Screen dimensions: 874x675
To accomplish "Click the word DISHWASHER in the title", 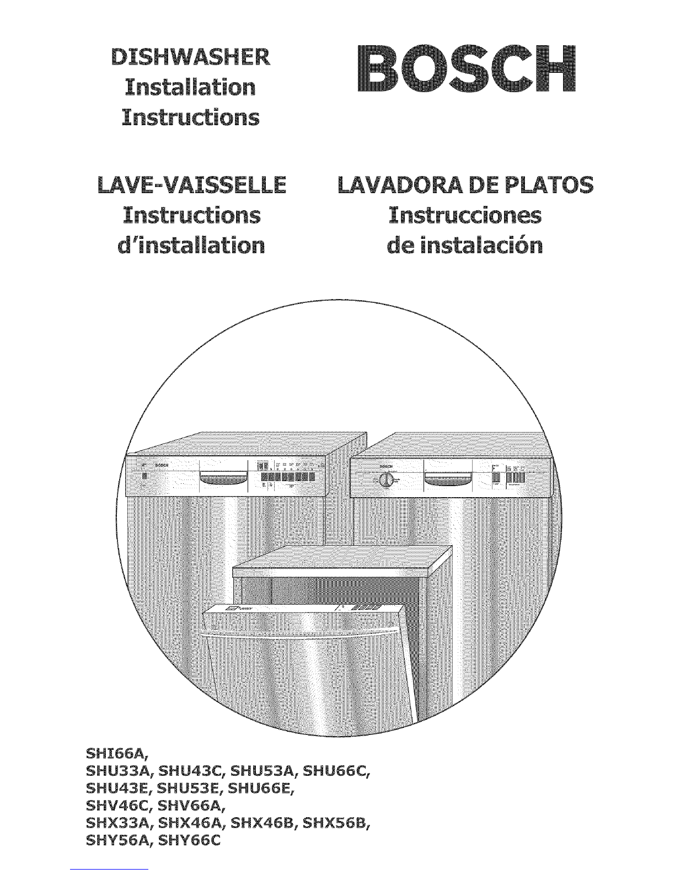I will point(190,56).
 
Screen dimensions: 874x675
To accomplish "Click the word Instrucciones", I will point(464,215).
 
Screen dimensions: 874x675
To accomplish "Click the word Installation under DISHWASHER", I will point(190,87).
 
